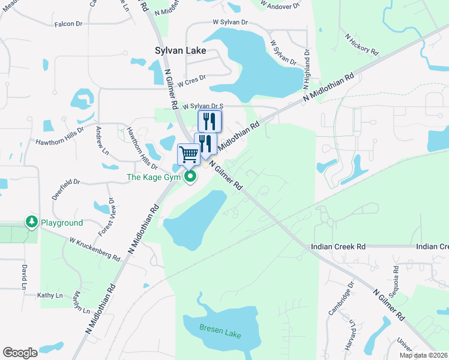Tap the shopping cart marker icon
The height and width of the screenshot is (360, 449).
188,154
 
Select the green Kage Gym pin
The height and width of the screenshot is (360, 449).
191,176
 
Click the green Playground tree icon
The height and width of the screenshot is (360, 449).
31,222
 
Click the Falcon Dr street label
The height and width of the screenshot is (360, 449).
68,23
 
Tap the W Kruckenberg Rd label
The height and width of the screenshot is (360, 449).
94,248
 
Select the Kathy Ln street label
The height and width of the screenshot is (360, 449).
50,295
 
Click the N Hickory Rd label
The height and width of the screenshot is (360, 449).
362,45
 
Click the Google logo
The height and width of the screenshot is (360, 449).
20,352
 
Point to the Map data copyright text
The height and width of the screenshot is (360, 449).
423,355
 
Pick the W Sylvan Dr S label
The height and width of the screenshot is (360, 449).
203,106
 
